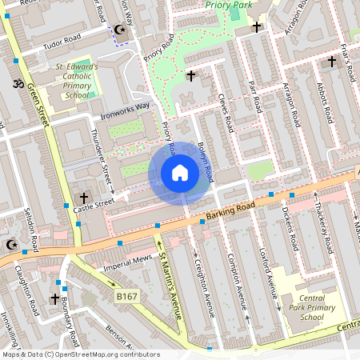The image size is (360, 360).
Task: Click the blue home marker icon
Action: pyautogui.click(x=180, y=173)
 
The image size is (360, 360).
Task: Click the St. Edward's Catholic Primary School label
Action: pyautogui.click(x=77, y=80)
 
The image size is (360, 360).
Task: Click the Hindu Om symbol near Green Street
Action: pyautogui.click(x=13, y=82)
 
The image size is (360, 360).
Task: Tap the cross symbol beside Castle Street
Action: pyautogui.click(x=83, y=197)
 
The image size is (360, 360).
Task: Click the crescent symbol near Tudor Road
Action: pyautogui.click(x=121, y=30)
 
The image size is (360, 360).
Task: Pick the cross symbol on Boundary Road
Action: pyautogui.click(x=55, y=299)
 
